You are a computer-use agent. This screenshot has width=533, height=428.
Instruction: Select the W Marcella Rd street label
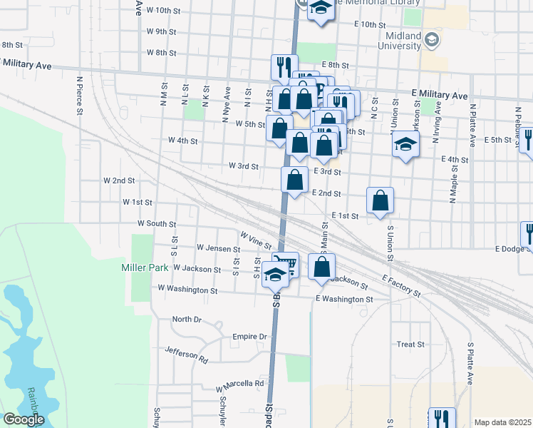[x=239, y=384]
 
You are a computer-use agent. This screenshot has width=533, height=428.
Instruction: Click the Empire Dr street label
[x=249, y=336]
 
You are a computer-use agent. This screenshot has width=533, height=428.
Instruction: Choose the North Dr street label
[x=187, y=319]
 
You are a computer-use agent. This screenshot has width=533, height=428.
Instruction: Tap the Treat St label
[x=410, y=344]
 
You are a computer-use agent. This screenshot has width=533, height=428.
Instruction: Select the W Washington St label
[x=187, y=290]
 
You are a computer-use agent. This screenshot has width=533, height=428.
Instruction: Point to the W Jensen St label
[x=219, y=249]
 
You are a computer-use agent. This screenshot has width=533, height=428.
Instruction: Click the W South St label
[x=157, y=224]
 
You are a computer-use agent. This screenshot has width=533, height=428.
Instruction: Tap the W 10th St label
[x=163, y=11]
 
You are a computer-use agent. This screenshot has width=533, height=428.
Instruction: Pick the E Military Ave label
[x=440, y=95]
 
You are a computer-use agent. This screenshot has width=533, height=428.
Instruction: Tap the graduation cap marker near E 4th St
[x=405, y=144]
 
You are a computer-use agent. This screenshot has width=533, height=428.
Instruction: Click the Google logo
[x=23, y=419]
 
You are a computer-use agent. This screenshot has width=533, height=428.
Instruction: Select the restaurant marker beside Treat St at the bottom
[x=441, y=419]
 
